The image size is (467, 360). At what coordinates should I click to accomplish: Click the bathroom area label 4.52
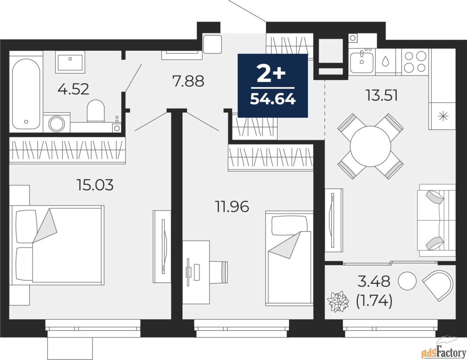coord(73,89)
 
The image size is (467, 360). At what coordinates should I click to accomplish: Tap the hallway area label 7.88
coord(188,81)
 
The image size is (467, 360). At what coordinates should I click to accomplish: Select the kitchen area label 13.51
coord(382,96)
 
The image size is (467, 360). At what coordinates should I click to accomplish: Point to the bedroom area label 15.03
coord(95,185)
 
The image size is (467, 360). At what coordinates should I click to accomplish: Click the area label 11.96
coord(232,207)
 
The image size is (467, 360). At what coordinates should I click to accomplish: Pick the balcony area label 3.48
coord(374,281)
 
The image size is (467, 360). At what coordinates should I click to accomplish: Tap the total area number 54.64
coord(273,99)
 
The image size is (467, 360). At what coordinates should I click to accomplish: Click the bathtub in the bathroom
coord(26,93)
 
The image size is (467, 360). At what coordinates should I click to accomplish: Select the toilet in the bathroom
coord(96,111)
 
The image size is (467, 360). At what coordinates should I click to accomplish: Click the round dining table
coord(370,146)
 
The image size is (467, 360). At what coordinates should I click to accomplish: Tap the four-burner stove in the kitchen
coord(416,62)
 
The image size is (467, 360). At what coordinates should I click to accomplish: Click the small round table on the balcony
coord(406,281)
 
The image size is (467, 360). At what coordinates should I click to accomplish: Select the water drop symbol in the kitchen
coord(385,61)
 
